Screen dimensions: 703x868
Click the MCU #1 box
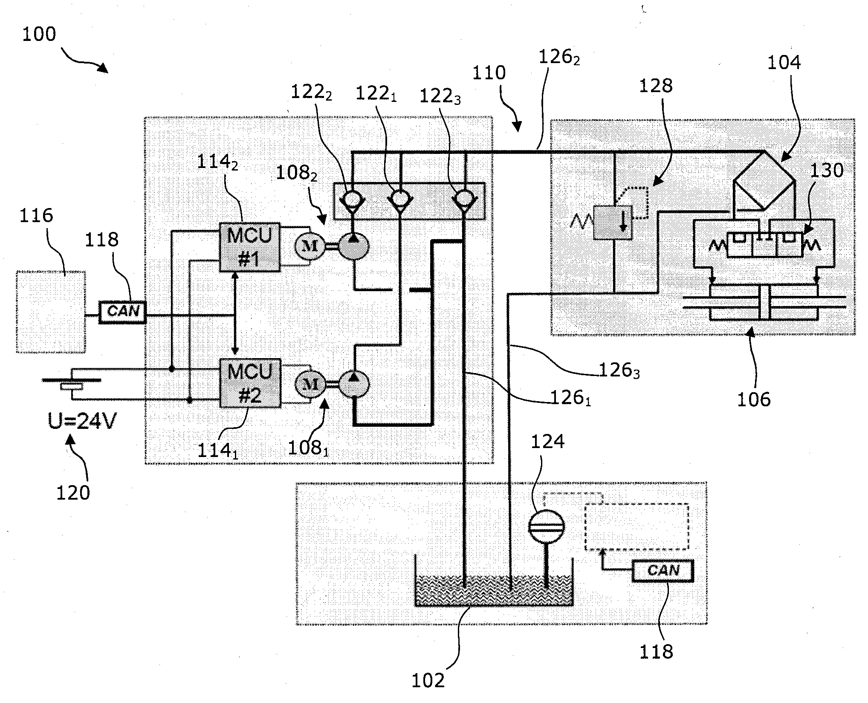coord(250,247)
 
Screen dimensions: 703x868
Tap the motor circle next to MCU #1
coord(310,246)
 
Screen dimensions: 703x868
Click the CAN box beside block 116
coord(123,312)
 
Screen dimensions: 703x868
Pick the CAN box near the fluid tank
coord(663,570)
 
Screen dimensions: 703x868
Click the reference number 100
coord(39,34)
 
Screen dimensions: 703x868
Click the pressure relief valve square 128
coord(613,222)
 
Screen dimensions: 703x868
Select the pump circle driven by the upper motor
coord(353,246)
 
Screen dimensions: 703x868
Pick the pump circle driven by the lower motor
coord(353,384)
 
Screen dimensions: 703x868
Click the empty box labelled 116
coord(51,312)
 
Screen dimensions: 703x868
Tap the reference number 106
coord(754,399)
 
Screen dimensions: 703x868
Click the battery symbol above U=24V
coord(72,383)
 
